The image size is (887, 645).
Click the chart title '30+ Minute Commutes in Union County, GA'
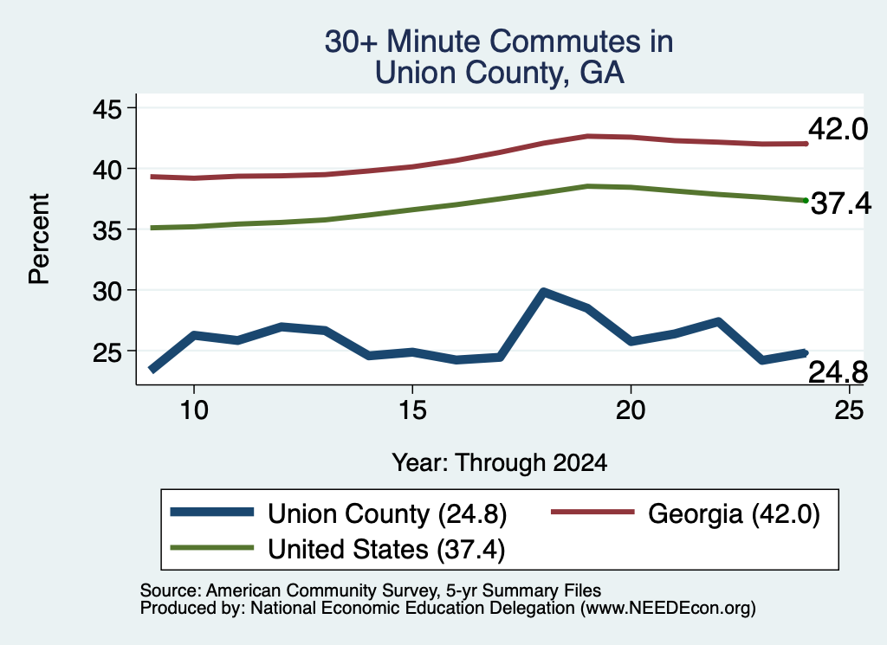[x=499, y=57]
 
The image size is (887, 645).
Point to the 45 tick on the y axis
[x=107, y=108]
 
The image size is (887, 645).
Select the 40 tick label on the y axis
[x=107, y=169]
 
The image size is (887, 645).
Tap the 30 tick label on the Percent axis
[x=107, y=291]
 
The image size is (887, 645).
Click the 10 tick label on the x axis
[x=194, y=410]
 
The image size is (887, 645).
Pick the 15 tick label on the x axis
[x=412, y=410]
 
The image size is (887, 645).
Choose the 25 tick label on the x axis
[x=849, y=410]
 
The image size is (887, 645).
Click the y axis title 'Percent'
[x=39, y=239]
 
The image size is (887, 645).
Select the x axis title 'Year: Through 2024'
[x=500, y=462]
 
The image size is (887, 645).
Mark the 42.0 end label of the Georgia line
[x=838, y=129]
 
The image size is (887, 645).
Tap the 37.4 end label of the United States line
[x=841, y=203]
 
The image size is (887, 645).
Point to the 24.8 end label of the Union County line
[x=838, y=372]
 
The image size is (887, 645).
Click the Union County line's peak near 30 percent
[x=543, y=292]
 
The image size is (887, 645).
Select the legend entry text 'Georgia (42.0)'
[x=734, y=514]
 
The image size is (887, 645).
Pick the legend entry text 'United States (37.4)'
[x=386, y=550]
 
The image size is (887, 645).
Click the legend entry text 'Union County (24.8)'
[x=387, y=514]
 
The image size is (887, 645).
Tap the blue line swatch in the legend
[x=212, y=513]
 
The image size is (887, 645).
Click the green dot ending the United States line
[x=806, y=201]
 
